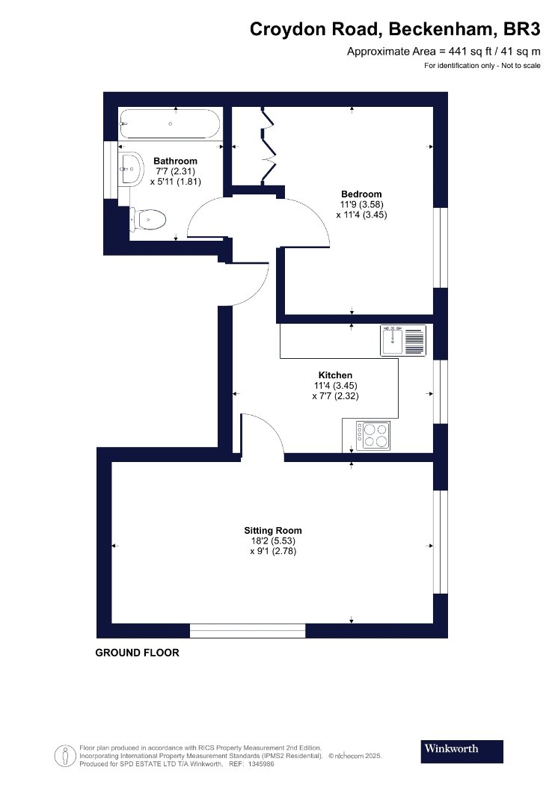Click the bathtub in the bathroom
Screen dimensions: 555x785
(169, 123)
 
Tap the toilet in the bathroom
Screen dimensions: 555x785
(147, 219)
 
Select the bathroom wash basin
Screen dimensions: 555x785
(130, 169)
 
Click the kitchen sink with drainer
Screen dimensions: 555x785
(403, 340)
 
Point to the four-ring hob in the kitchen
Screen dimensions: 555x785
(373, 434)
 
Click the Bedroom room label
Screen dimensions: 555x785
(361, 194)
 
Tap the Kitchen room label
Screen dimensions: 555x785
(335, 375)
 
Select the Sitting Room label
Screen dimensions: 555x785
(273, 530)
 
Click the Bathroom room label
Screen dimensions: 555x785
(175, 161)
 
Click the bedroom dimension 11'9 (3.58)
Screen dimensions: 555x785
(361, 204)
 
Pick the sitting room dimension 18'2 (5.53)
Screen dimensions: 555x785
(273, 541)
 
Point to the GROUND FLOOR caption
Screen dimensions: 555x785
(137, 653)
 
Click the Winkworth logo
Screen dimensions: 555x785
(462, 751)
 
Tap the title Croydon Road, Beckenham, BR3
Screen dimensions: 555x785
(395, 29)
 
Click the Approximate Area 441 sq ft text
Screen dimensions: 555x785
(444, 51)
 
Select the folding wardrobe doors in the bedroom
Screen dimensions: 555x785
(269, 146)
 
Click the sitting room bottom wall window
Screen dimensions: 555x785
(248, 631)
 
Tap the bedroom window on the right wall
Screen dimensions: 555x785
(441, 247)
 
